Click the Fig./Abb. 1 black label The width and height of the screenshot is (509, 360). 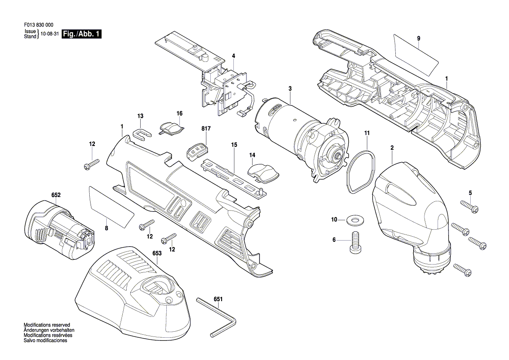click(x=82, y=34)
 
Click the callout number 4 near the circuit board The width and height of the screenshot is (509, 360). click(x=233, y=56)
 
